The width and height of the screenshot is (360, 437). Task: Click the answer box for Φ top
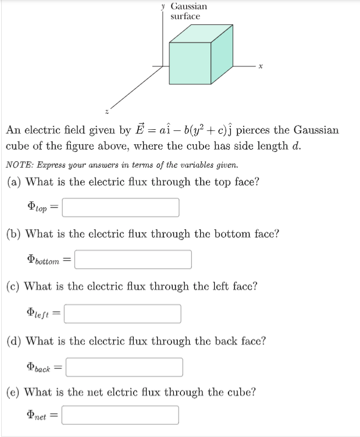pyautogui.click(x=120, y=207)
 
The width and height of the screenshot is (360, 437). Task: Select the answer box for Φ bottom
pyautogui.click(x=133, y=260)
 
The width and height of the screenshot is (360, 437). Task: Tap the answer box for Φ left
pyautogui.click(x=123, y=314)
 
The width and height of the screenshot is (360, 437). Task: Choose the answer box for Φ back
pyautogui.click(x=124, y=367)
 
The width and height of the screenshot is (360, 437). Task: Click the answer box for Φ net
pyautogui.click(x=120, y=415)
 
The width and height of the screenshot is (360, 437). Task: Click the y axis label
pyautogui.click(x=164, y=6)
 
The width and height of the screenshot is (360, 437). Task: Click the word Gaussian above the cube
pyautogui.click(x=188, y=6)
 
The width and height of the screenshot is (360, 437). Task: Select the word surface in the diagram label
pyautogui.click(x=185, y=16)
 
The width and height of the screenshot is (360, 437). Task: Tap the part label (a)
pyautogui.click(x=15, y=182)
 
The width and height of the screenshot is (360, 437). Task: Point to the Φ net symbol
pyautogui.click(x=39, y=415)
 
